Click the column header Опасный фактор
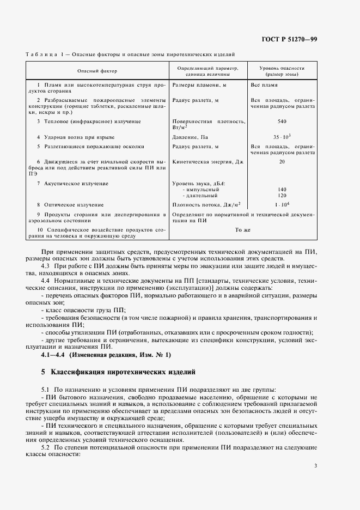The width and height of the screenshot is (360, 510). (x=97, y=71)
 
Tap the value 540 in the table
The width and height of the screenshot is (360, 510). (x=282, y=121)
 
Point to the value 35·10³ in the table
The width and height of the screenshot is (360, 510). (x=282, y=137)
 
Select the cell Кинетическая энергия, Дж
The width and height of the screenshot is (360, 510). (x=207, y=162)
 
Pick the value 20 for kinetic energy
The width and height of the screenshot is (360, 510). (x=282, y=162)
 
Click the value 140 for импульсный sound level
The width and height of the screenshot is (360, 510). (x=282, y=189)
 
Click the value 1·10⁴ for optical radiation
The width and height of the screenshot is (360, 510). (x=282, y=204)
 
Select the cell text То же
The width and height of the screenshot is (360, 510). (x=243, y=230)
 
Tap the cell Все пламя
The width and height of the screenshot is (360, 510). (x=264, y=86)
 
